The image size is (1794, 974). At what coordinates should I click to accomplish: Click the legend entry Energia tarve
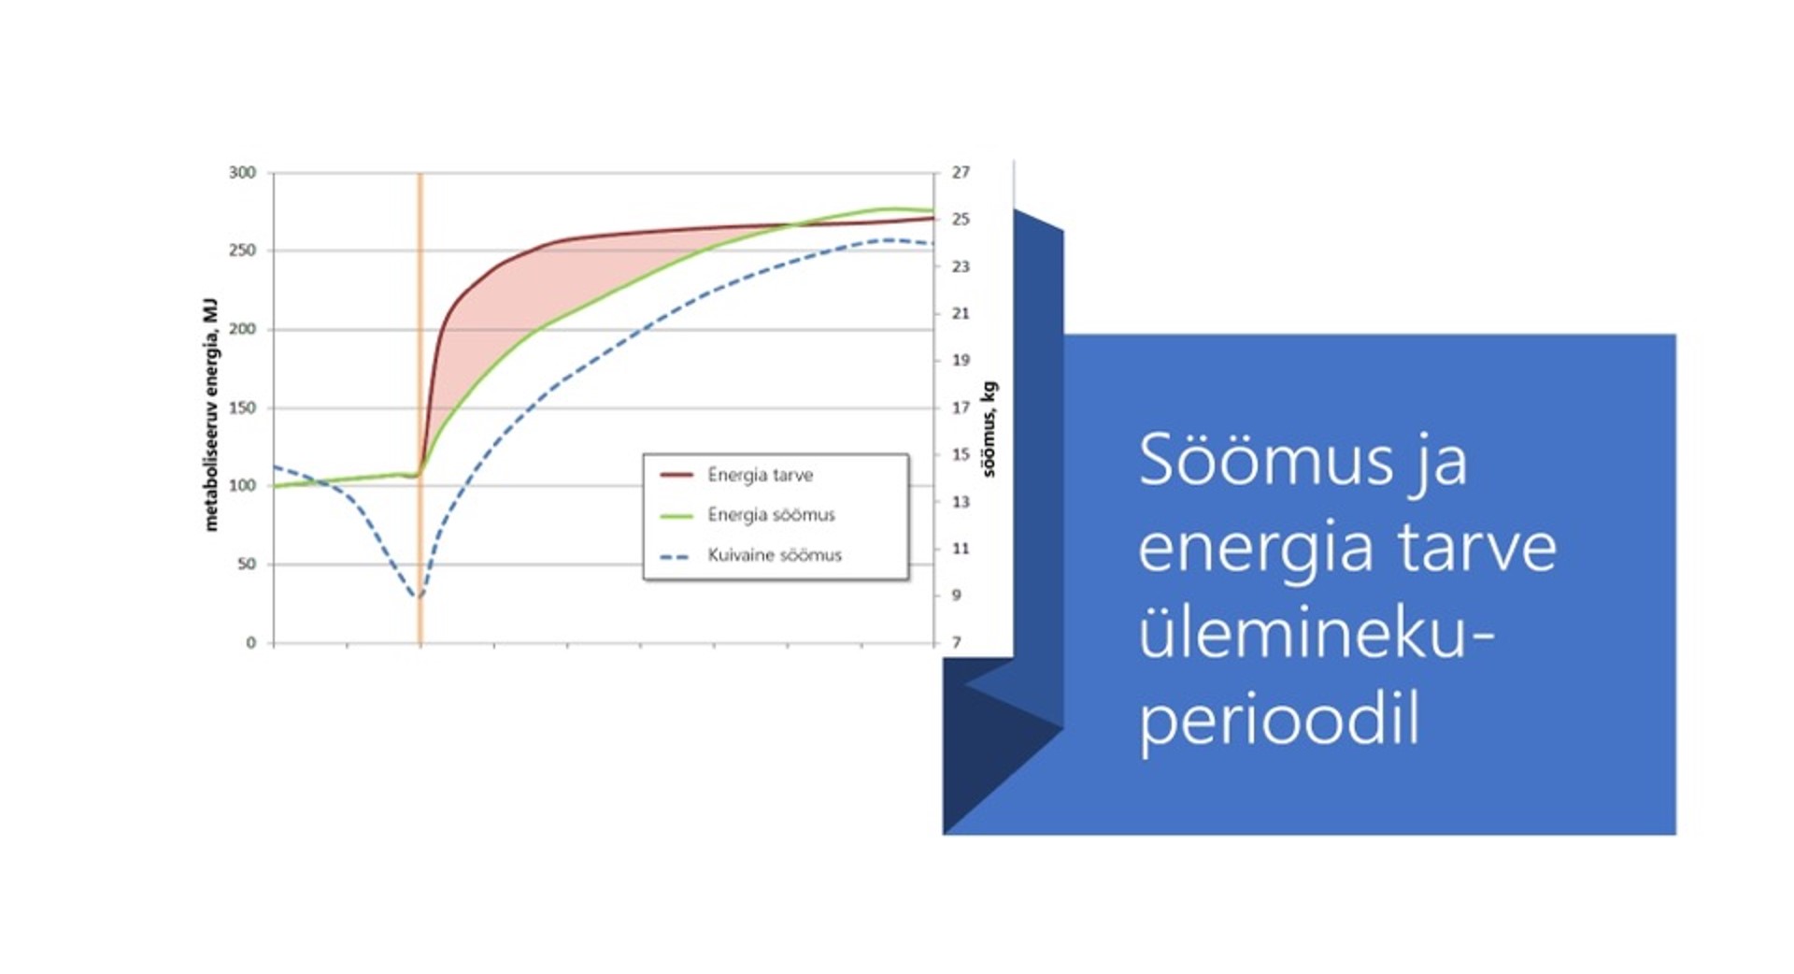[737, 475]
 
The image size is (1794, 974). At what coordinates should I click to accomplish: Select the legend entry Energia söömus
[747, 515]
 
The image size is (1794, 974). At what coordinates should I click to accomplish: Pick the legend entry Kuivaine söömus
[751, 555]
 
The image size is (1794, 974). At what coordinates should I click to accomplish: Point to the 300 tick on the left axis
[242, 173]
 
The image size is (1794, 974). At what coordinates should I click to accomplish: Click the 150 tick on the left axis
[242, 408]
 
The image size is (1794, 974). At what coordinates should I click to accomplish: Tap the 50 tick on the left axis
[247, 564]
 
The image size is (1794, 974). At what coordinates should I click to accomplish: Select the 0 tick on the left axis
[250, 643]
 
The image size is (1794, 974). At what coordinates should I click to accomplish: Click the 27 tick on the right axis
[961, 173]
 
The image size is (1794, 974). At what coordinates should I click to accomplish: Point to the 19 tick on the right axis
[961, 360]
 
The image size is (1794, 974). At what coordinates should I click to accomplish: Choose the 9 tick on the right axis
[956, 594]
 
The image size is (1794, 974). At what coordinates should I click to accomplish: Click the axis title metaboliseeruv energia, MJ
[211, 415]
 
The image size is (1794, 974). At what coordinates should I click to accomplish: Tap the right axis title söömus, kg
[990, 429]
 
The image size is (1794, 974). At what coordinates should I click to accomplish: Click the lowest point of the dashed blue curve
[419, 596]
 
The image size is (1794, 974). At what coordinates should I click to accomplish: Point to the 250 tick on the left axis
[242, 251]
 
